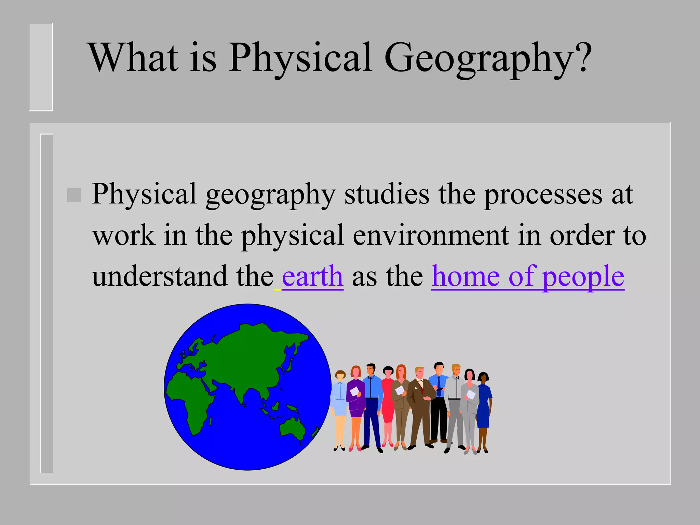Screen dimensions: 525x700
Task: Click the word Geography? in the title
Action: point(487,58)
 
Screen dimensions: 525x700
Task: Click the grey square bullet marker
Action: point(74,195)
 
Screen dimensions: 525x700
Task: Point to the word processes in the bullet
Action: point(543,194)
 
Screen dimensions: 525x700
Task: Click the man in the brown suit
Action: point(420,407)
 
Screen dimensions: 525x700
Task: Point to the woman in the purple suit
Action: point(355,403)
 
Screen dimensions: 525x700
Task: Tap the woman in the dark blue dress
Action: point(483,407)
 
